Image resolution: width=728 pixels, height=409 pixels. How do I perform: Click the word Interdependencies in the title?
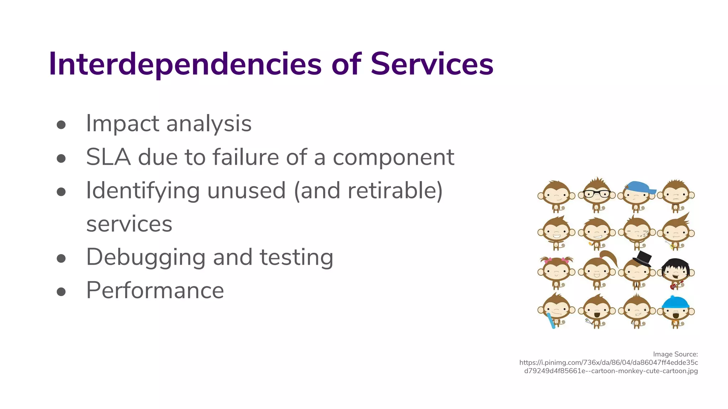(x=185, y=64)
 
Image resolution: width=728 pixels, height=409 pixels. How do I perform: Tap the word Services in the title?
(x=432, y=64)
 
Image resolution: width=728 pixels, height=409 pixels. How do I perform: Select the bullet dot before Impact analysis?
(x=61, y=125)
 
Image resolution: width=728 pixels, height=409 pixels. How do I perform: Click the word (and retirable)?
(x=368, y=191)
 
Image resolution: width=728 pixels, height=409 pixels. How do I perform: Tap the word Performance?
(x=155, y=290)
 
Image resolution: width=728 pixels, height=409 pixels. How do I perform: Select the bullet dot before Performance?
(x=61, y=291)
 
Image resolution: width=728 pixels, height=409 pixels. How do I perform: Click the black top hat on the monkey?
(x=642, y=258)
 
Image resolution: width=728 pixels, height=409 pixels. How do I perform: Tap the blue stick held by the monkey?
(x=551, y=321)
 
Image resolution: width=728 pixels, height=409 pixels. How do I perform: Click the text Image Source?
(x=675, y=354)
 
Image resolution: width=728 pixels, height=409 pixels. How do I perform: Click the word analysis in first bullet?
(x=209, y=124)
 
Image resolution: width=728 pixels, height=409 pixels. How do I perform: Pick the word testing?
(x=296, y=258)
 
